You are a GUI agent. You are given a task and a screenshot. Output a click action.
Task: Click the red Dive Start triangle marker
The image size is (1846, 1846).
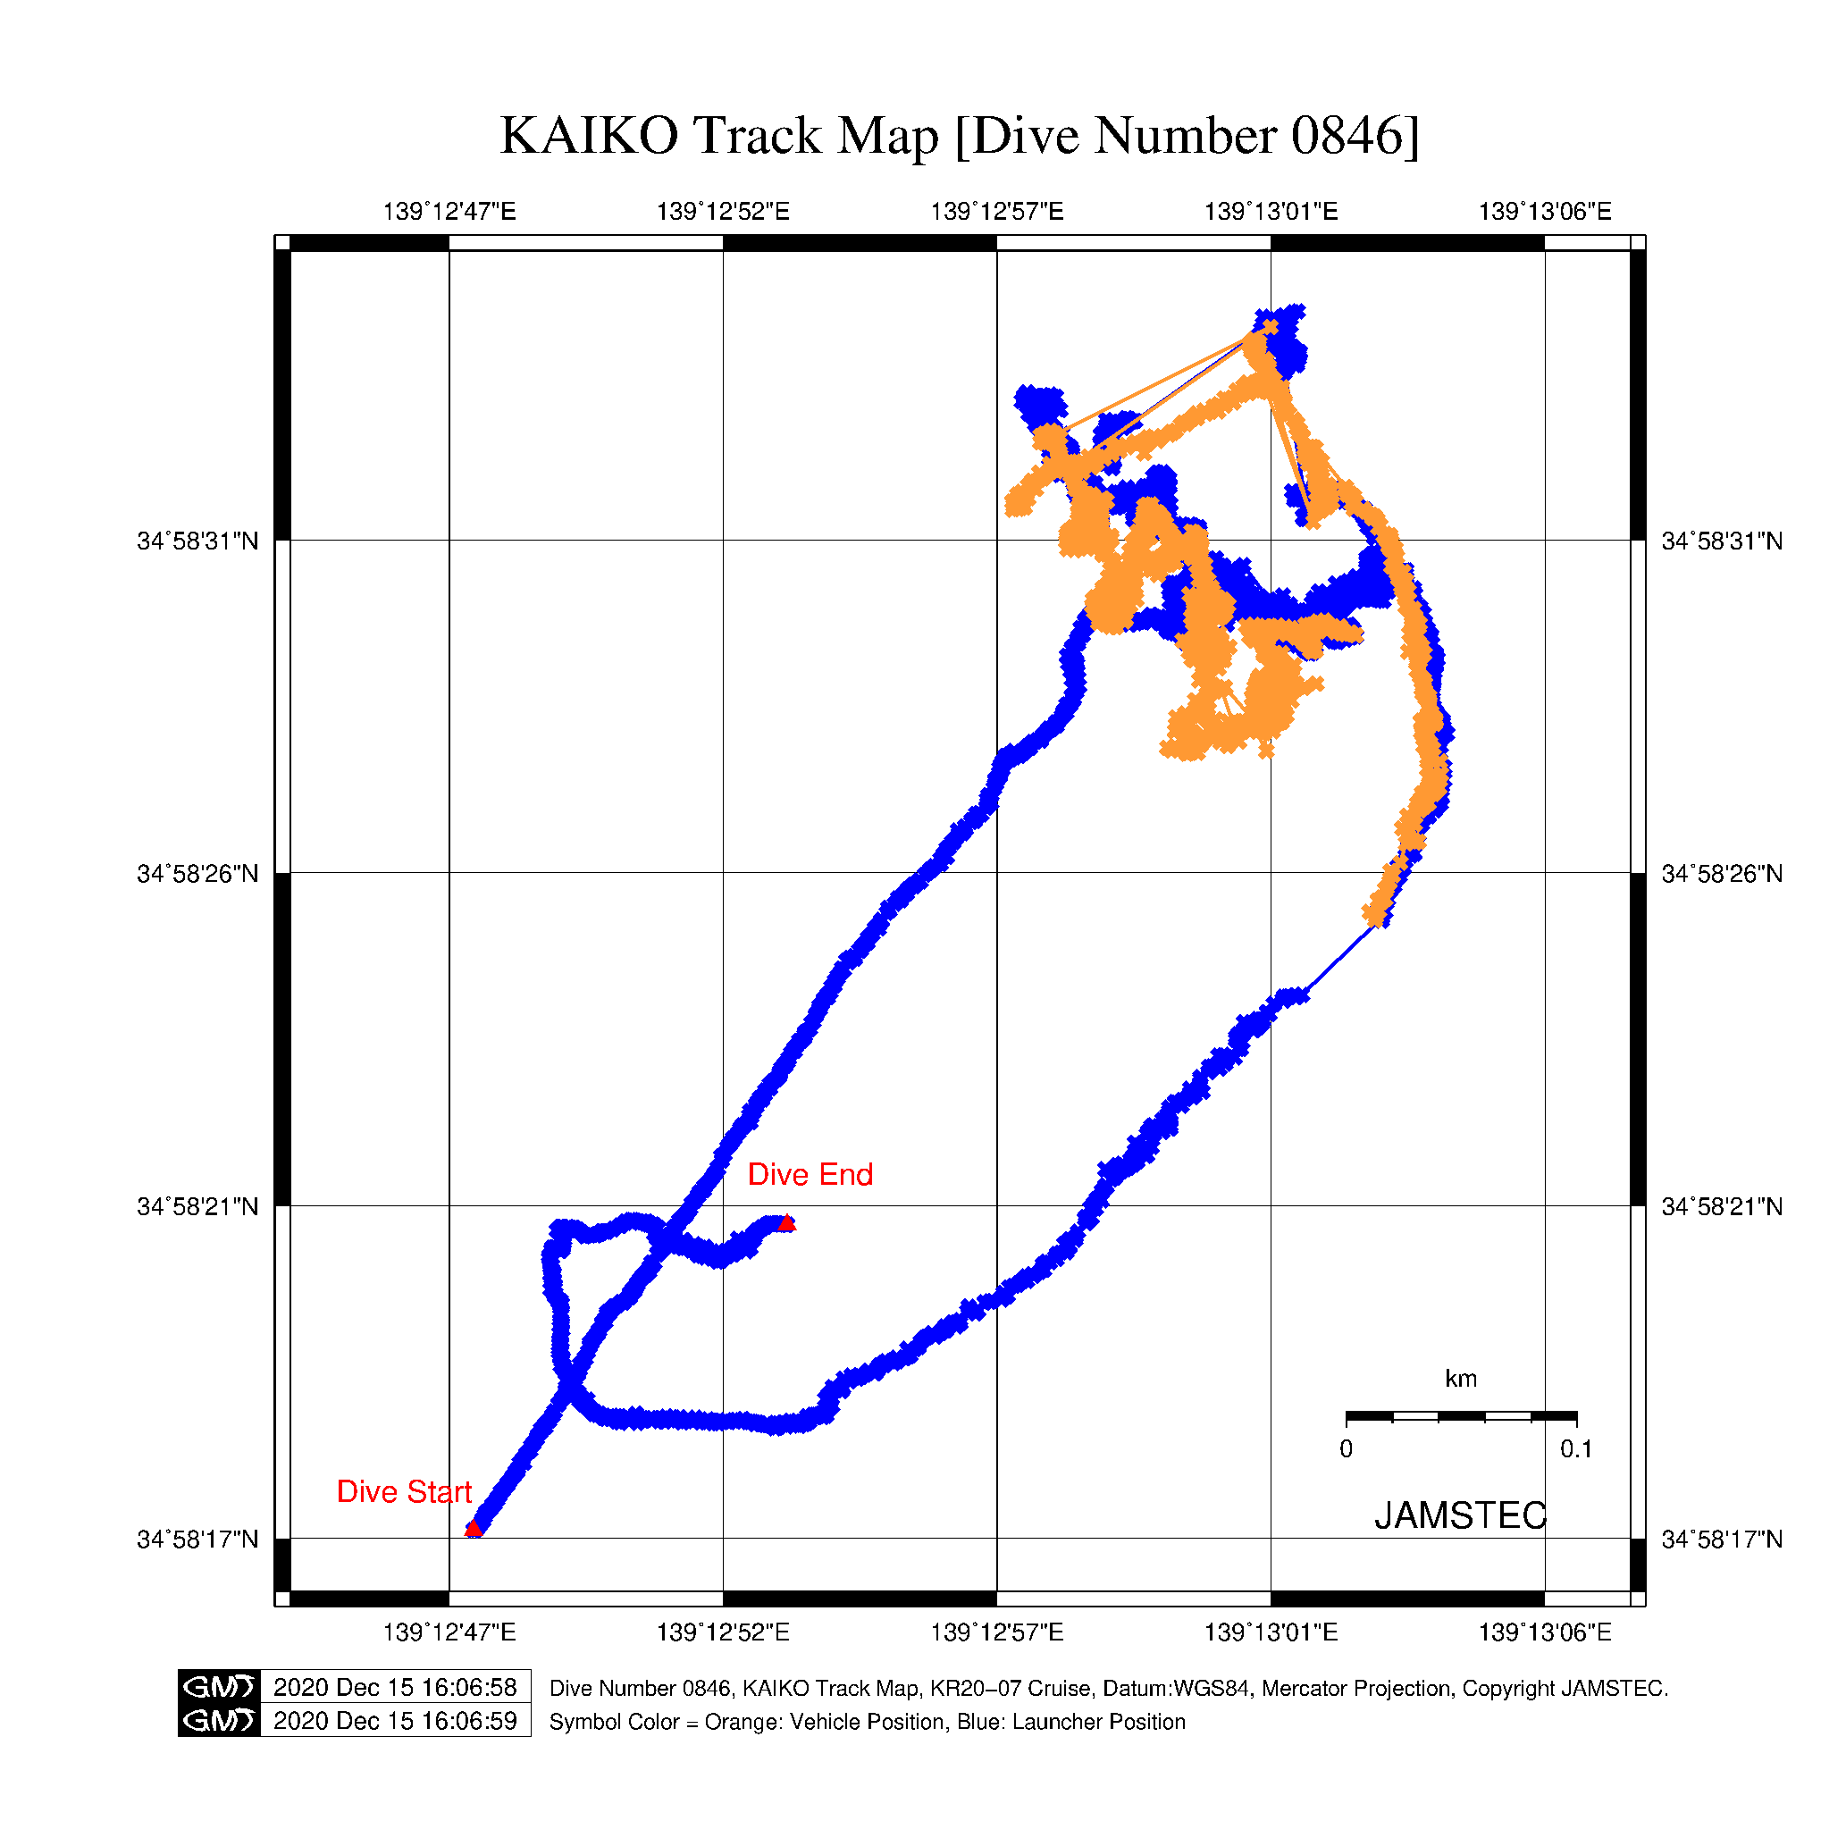(473, 1529)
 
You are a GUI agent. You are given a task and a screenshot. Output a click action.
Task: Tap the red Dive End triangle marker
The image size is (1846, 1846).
(785, 1223)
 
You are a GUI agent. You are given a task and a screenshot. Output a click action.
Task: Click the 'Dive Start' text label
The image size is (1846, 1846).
(403, 1491)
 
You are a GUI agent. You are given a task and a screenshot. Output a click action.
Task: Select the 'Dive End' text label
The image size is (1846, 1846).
(810, 1174)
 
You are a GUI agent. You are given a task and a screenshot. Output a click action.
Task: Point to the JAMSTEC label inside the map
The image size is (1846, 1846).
(1459, 1515)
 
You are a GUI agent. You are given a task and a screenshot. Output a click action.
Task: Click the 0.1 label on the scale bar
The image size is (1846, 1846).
(1575, 1449)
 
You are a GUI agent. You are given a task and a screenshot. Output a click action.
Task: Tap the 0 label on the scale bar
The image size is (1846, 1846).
(1346, 1449)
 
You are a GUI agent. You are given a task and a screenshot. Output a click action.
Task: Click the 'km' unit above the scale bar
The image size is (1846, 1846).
(1460, 1379)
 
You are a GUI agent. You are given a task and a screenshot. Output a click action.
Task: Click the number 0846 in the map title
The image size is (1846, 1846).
(1346, 136)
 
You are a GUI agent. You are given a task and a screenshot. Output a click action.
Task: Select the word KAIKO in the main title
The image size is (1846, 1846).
(589, 136)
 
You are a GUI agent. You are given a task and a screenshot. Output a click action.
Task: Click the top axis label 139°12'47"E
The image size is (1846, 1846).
(449, 211)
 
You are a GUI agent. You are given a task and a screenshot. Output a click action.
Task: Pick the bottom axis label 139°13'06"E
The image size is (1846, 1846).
(1544, 1632)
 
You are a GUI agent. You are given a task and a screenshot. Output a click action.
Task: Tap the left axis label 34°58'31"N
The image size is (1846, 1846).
(197, 541)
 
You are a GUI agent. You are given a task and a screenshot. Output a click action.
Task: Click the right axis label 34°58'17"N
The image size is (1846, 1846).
(1722, 1540)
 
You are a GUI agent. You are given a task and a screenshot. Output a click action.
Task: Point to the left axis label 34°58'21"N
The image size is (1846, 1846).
(197, 1207)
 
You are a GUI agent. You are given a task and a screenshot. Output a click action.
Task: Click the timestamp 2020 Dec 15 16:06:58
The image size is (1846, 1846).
(395, 1687)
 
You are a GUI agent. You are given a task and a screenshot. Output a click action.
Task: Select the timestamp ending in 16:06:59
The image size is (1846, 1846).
(395, 1721)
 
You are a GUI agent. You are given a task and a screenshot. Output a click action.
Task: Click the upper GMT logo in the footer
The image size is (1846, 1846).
(219, 1687)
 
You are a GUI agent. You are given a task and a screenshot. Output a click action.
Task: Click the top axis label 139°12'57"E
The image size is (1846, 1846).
(996, 211)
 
